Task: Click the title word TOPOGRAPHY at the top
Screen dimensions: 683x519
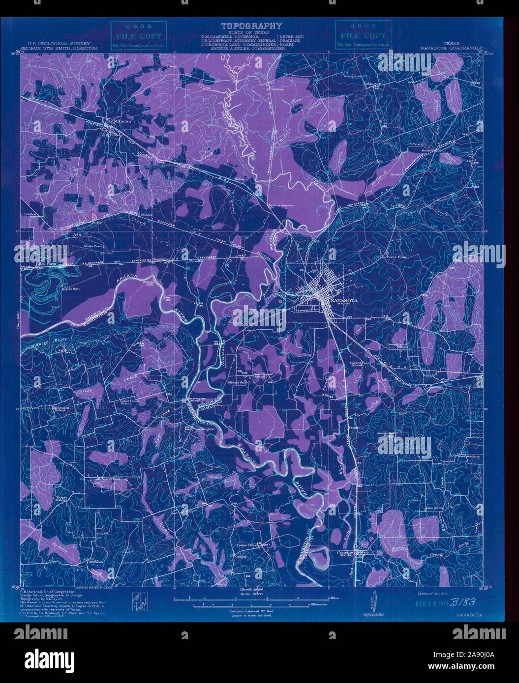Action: [x=251, y=26]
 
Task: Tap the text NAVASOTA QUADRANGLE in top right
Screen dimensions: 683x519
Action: [x=451, y=49]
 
